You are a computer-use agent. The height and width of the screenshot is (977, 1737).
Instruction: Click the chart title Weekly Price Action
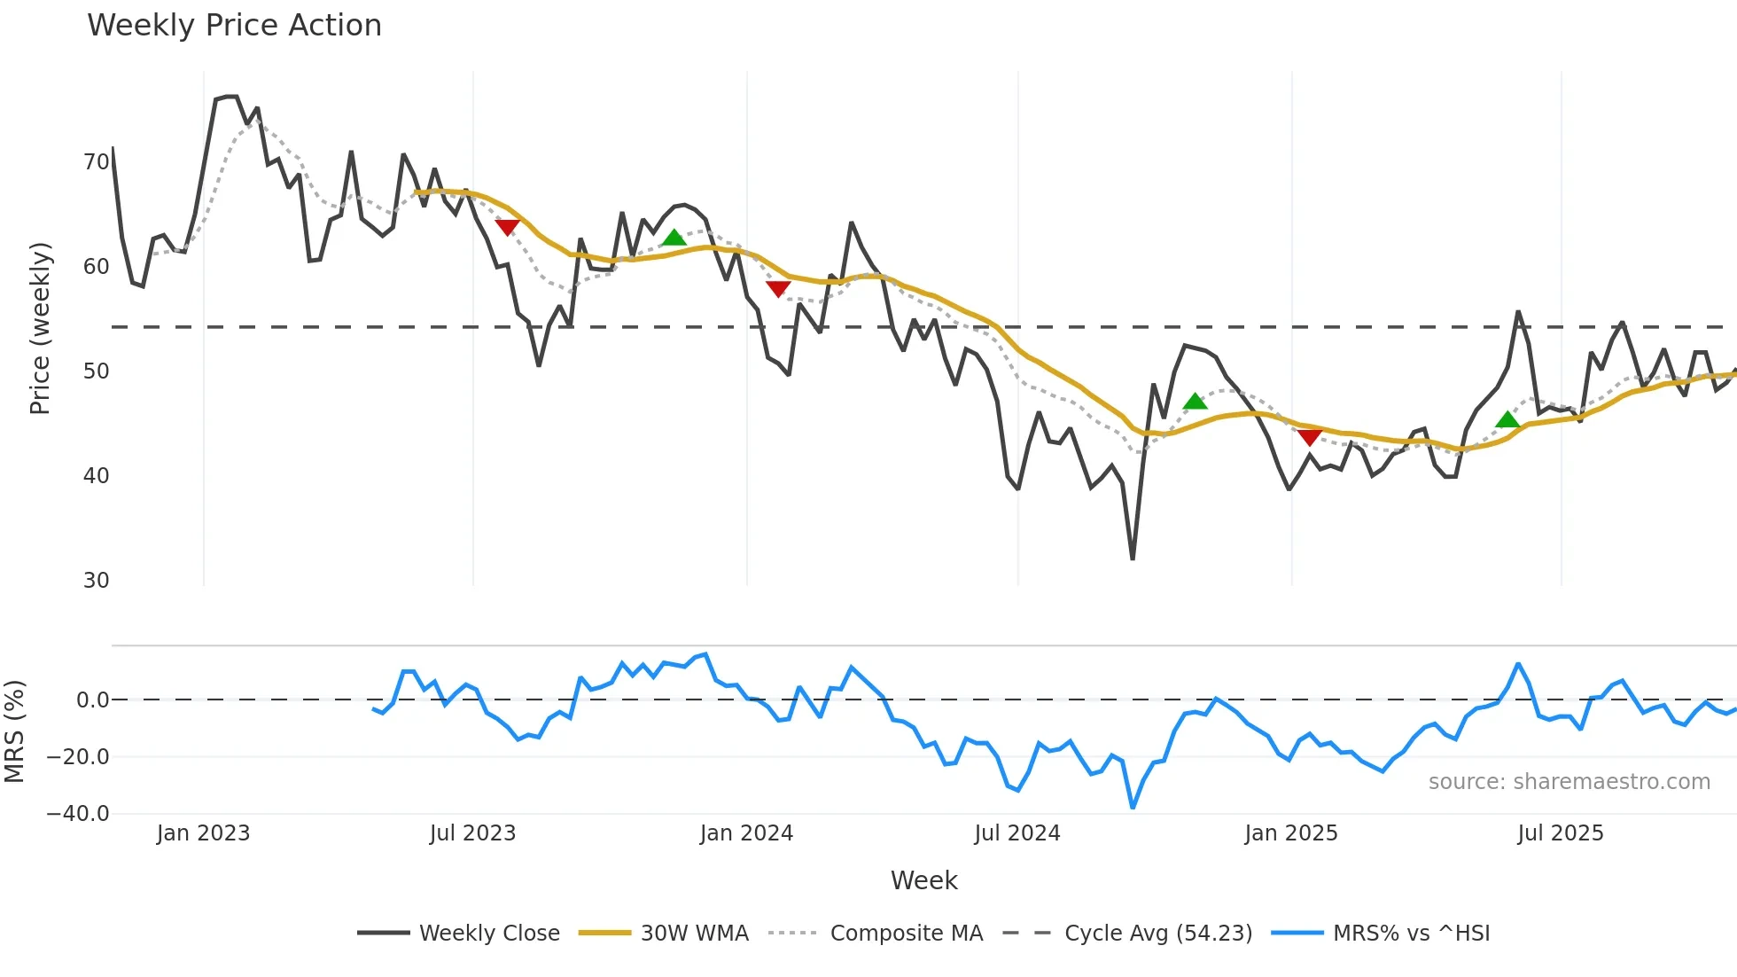pyautogui.click(x=234, y=26)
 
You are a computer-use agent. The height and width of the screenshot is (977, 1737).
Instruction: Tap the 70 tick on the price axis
pyautogui.click(x=96, y=162)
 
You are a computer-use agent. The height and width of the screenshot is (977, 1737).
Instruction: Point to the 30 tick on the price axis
pyautogui.click(x=96, y=581)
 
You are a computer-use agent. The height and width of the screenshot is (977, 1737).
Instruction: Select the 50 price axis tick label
pyautogui.click(x=96, y=371)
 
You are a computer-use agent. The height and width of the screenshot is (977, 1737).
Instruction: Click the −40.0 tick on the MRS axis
pyautogui.click(x=78, y=814)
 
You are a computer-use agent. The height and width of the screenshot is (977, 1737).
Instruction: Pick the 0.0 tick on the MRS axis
pyautogui.click(x=92, y=700)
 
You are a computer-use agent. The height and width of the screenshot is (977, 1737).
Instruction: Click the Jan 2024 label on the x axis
pyautogui.click(x=746, y=833)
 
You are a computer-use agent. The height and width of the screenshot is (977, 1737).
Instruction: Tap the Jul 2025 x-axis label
pyautogui.click(x=1561, y=833)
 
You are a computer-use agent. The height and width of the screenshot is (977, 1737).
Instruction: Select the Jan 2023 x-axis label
pyautogui.click(x=203, y=833)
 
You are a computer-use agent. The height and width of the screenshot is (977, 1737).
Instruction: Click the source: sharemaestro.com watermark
pyautogui.click(x=1569, y=782)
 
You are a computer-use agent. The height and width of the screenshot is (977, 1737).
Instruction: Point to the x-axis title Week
pyautogui.click(x=923, y=880)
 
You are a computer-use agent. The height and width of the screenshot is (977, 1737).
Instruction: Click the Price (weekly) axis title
pyautogui.click(x=40, y=328)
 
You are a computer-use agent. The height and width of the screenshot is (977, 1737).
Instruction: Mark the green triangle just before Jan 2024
pyautogui.click(x=674, y=238)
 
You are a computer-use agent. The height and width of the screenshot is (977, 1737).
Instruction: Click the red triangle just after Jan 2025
pyautogui.click(x=1310, y=437)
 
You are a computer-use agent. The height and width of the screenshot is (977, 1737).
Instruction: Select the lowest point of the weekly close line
pyautogui.click(x=1133, y=559)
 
